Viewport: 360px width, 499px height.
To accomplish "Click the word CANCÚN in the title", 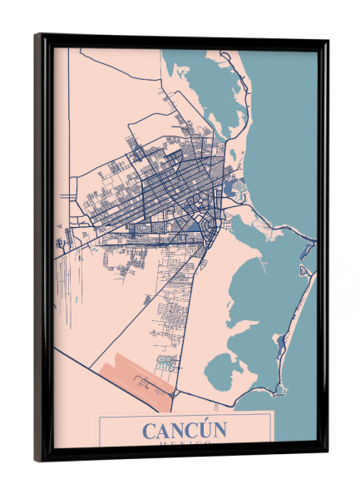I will [x=184, y=431].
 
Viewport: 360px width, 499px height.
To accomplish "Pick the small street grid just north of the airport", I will [x=166, y=363].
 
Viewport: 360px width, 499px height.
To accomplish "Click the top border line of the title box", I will [x=187, y=415].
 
